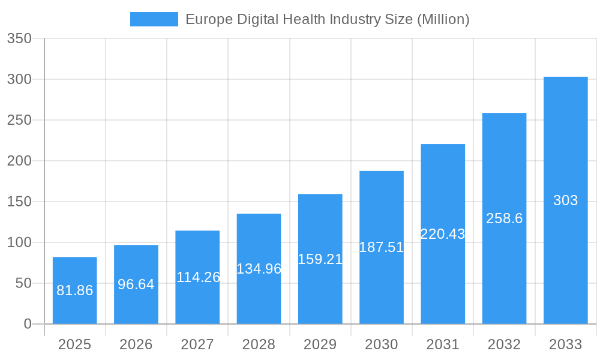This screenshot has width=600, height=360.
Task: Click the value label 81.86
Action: pyautogui.click(x=74, y=290)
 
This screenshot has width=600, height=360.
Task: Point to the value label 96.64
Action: pyautogui.click(x=136, y=284)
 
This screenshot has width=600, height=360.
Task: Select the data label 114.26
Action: pyautogui.click(x=198, y=277)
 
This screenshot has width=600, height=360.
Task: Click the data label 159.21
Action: pyautogui.click(x=320, y=259)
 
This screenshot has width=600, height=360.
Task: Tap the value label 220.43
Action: pyautogui.click(x=443, y=234)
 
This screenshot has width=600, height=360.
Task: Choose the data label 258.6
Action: pyautogui.click(x=504, y=218)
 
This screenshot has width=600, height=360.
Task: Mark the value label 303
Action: pyautogui.click(x=565, y=200)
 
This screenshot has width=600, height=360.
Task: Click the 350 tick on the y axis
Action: pyautogui.click(x=19, y=38)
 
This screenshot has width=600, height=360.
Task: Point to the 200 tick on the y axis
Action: pyautogui.click(x=19, y=161)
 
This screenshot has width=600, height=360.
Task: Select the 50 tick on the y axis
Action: pyautogui.click(x=23, y=283)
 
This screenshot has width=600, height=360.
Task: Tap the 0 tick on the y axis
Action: pyautogui.click(x=28, y=324)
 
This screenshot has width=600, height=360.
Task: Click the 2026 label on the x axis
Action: pyautogui.click(x=136, y=344)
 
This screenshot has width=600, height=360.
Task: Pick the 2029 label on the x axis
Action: pyautogui.click(x=320, y=344)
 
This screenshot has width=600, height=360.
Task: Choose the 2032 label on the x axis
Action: pyautogui.click(x=504, y=344)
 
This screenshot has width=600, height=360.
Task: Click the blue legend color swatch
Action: pyautogui.click(x=154, y=19)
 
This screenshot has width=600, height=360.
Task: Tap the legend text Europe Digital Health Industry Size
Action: pyautogui.click(x=327, y=19)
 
